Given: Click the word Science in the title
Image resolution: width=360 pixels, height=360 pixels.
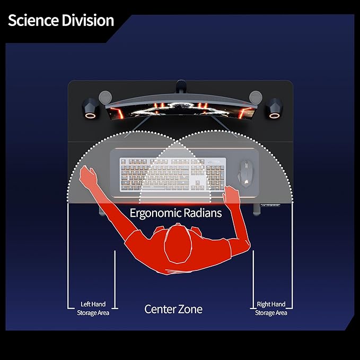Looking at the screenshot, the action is pos(33,21).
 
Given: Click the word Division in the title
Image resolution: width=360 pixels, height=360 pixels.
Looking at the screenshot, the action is pos(88,21).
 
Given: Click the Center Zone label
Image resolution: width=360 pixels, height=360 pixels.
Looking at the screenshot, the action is pos(173,309).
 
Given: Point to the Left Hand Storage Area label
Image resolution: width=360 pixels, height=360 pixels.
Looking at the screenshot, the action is pos(93,309).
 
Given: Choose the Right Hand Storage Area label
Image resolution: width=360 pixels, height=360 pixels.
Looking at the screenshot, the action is pos(271,309).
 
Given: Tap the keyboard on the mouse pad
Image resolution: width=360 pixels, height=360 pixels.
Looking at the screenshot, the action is pos(173,174).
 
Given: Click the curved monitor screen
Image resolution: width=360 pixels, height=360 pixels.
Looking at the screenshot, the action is pos(181,110).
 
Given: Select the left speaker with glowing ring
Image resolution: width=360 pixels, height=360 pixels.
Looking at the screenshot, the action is pos(91,109).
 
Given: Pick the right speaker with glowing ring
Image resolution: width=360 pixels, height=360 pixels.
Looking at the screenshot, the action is pos(274,109).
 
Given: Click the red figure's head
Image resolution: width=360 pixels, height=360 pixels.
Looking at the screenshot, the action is pos(178,244).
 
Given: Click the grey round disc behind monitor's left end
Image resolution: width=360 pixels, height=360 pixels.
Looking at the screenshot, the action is pos(105,97).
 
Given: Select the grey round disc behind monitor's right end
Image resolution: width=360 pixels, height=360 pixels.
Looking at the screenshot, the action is pos(256,97).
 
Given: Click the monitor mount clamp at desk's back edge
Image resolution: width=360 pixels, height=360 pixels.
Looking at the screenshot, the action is pos(181,86).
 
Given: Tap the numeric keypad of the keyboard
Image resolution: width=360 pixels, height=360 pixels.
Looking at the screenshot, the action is pos(215,177).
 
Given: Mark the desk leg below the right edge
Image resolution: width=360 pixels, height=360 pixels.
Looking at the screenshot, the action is pos(257,209).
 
